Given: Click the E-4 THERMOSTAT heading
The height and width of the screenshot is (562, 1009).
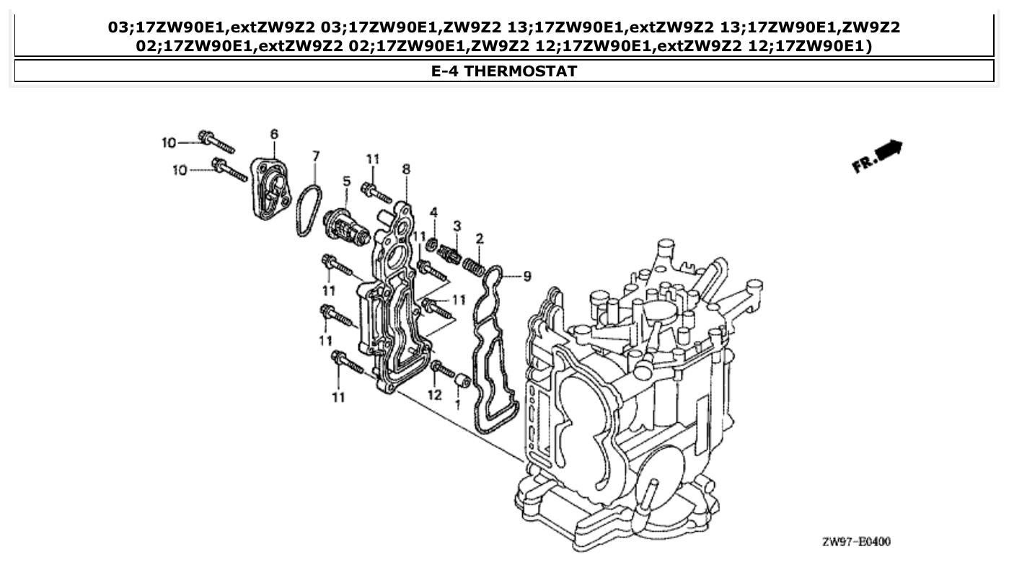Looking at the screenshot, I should [504, 71].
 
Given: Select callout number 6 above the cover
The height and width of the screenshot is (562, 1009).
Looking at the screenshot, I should [274, 134].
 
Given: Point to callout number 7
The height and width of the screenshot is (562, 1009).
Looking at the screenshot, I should [316, 155].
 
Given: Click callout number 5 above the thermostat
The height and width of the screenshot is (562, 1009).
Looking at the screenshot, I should [346, 181].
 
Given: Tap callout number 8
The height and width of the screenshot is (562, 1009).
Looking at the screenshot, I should [406, 169].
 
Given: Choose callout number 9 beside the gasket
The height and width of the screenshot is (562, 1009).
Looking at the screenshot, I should [526, 275].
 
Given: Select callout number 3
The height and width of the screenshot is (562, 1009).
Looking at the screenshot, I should [457, 226].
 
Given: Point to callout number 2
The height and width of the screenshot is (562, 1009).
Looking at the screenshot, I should [479, 238].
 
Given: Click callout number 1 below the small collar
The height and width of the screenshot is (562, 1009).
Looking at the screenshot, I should [457, 405].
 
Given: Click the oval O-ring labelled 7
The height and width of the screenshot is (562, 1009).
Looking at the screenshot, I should [309, 210].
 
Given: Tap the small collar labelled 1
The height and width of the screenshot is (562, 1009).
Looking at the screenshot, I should [464, 380].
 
